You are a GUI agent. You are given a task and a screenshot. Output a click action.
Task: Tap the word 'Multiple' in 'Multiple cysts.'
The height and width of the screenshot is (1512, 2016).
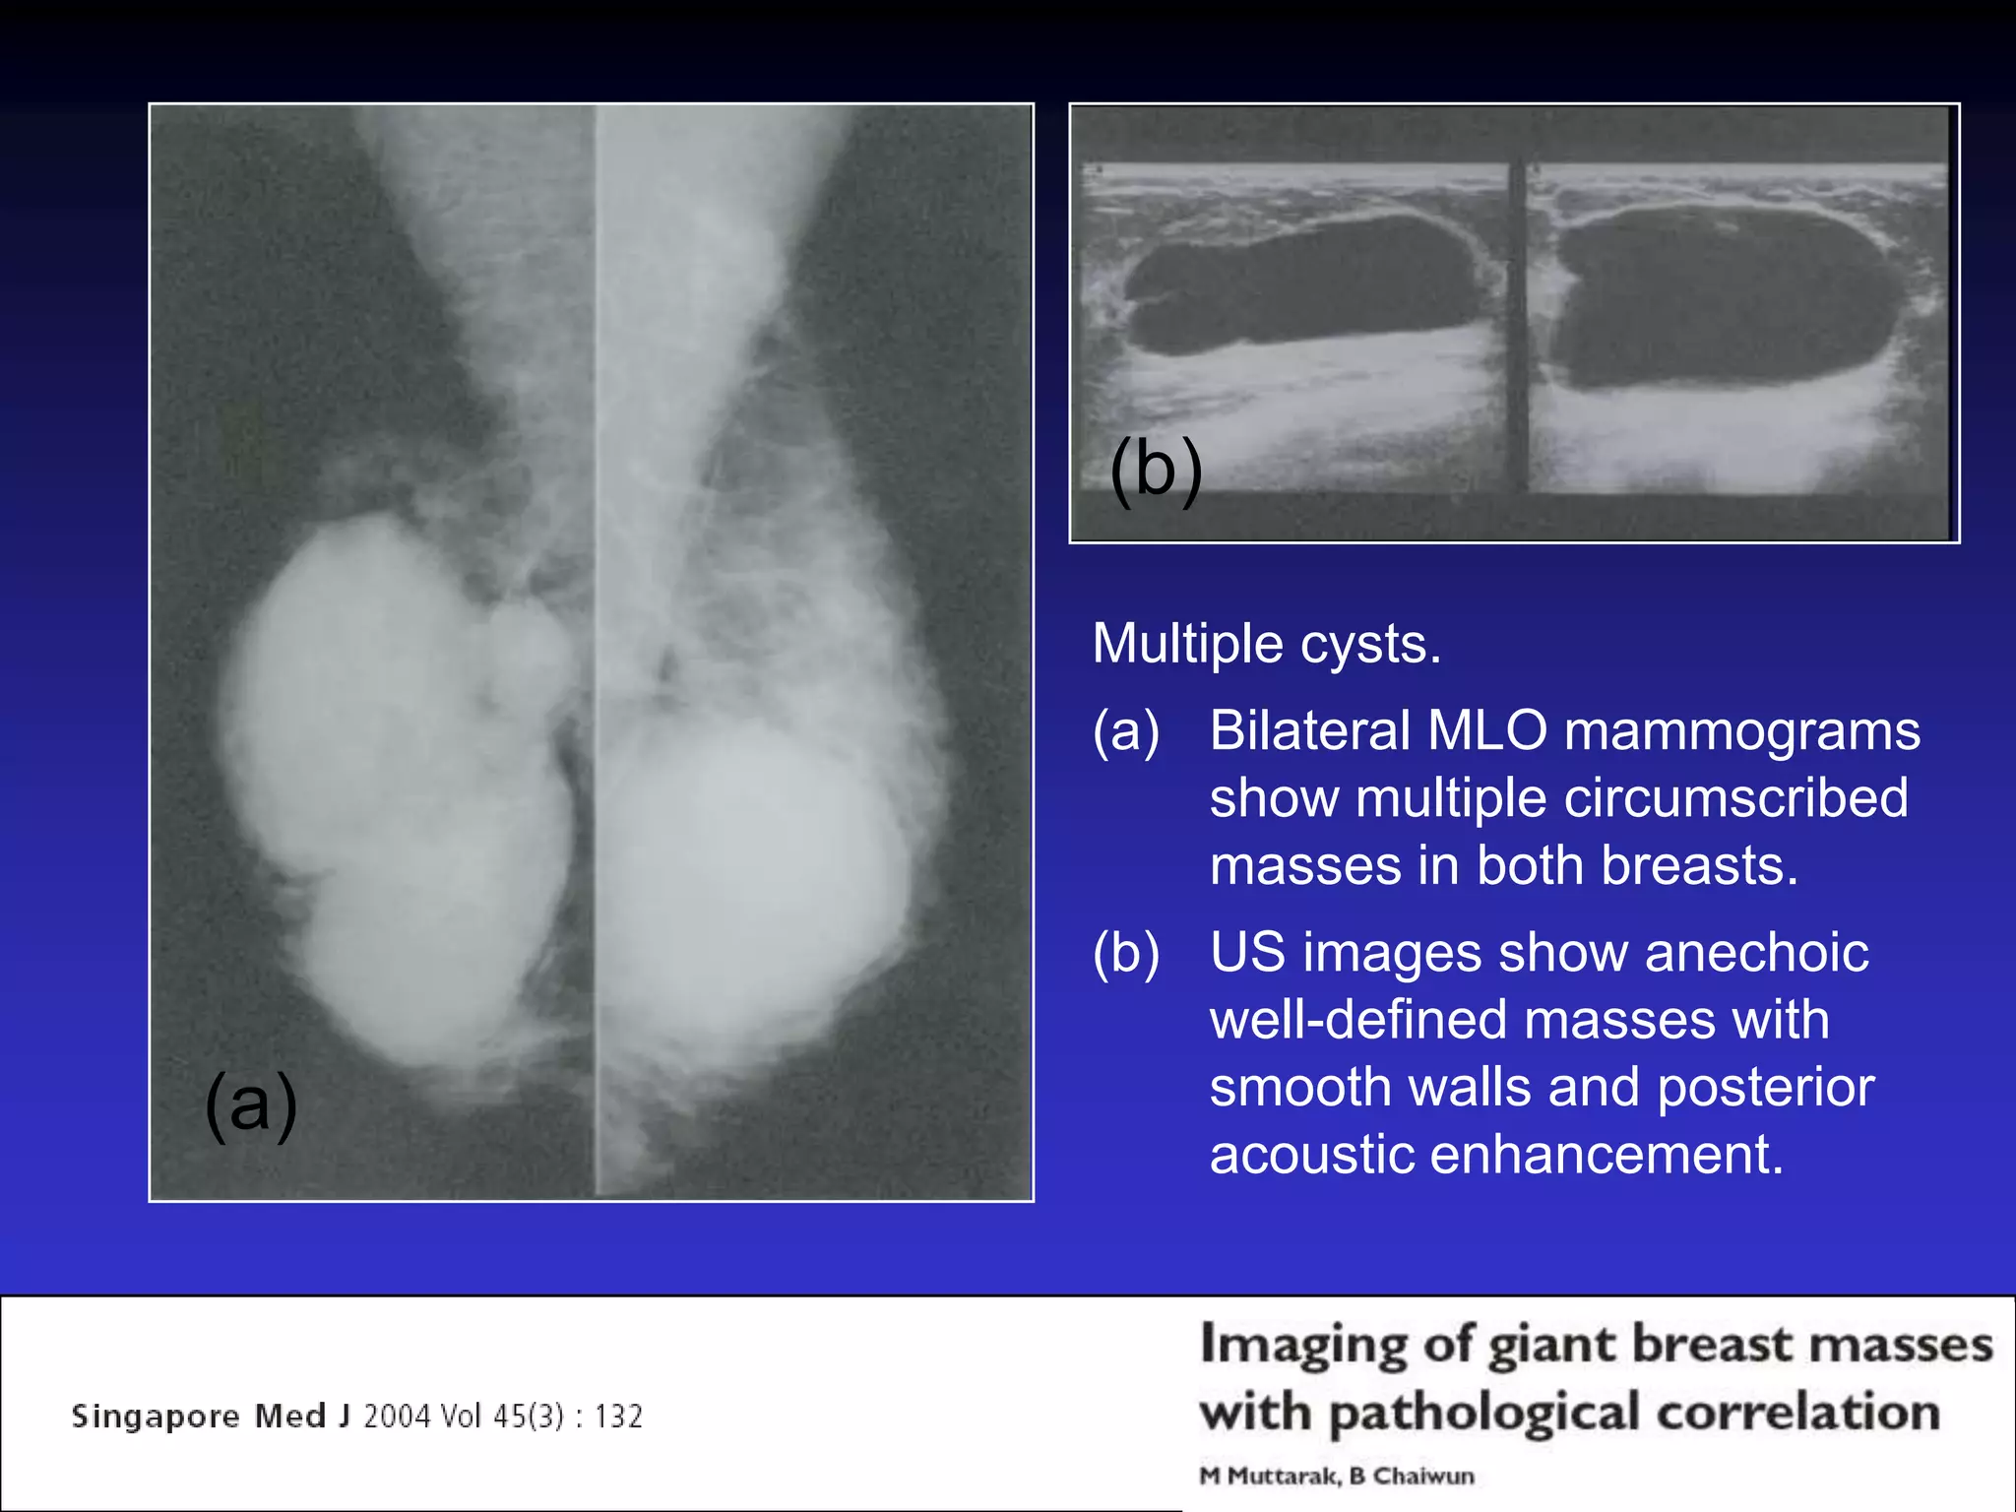click(1187, 645)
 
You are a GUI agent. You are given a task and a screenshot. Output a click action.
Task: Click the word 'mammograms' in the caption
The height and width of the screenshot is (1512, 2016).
click(1742, 731)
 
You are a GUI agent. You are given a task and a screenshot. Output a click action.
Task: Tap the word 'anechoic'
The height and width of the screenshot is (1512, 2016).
click(1756, 953)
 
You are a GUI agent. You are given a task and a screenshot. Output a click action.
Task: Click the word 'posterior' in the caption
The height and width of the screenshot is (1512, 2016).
click(1766, 1088)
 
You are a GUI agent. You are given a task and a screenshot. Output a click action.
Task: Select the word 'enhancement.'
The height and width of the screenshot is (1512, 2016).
click(1606, 1155)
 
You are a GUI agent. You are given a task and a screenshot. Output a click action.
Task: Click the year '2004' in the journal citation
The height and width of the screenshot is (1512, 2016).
click(398, 1417)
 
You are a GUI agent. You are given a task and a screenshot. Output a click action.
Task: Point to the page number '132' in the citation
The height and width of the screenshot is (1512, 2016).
click(618, 1417)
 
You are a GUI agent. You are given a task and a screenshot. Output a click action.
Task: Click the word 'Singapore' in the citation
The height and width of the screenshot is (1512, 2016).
click(156, 1417)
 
